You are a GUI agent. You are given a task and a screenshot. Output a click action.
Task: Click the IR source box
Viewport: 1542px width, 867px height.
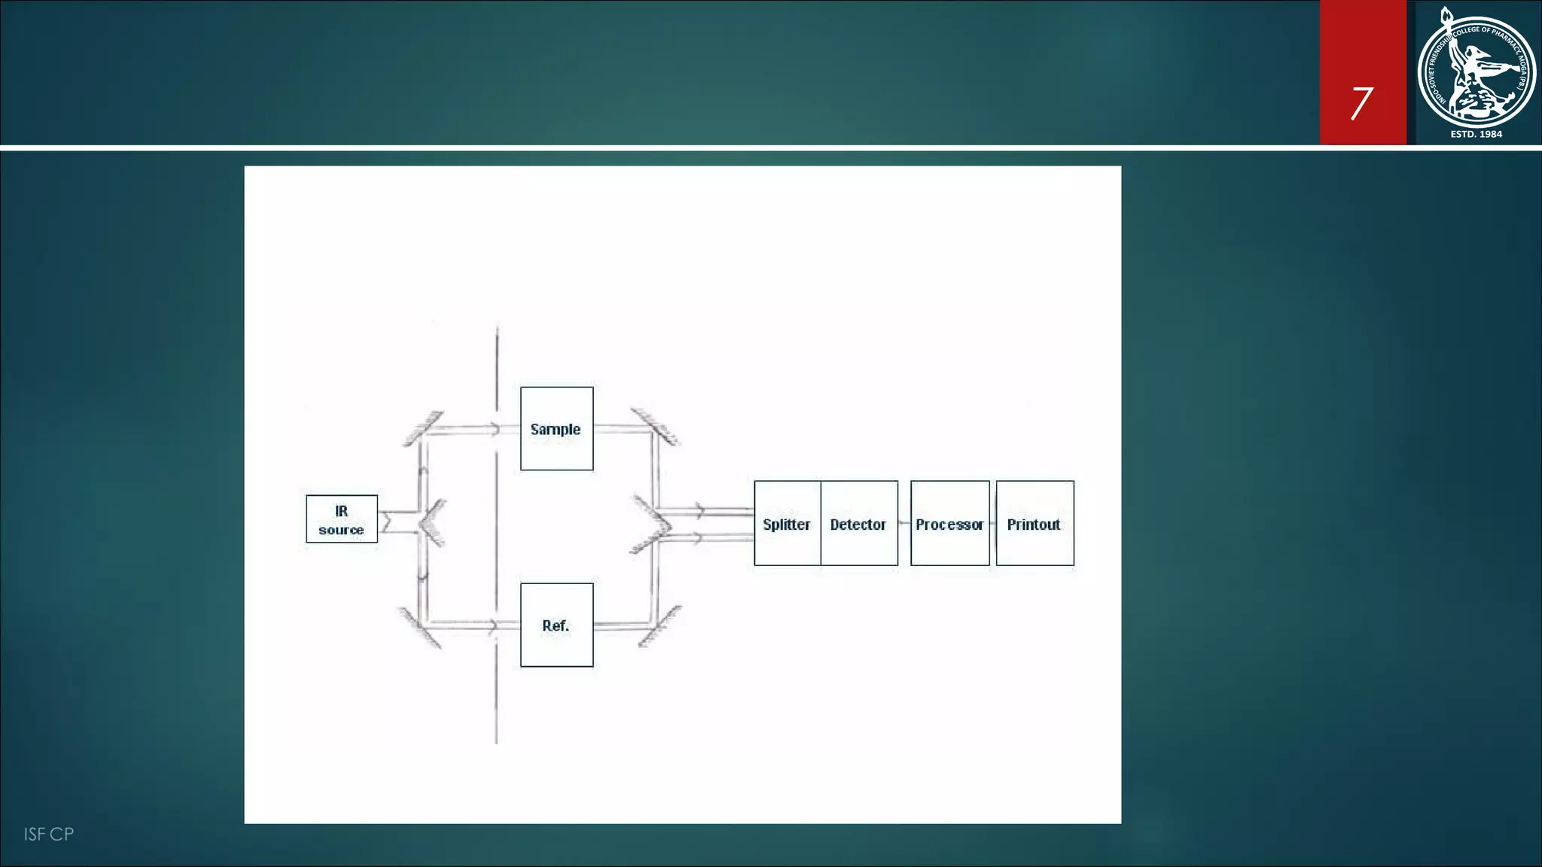click(x=342, y=519)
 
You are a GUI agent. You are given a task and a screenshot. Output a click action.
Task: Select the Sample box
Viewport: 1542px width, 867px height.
click(x=556, y=429)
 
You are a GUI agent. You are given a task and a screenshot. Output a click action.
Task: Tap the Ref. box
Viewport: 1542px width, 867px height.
click(x=556, y=625)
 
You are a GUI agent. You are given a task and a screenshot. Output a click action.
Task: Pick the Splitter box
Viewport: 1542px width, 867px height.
click(x=787, y=524)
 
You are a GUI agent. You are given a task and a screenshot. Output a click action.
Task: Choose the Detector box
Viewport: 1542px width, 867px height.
click(x=859, y=524)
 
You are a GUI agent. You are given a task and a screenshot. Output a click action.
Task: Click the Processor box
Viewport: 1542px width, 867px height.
click(x=949, y=524)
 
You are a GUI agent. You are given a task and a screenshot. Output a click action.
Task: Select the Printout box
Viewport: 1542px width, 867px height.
click(x=1035, y=524)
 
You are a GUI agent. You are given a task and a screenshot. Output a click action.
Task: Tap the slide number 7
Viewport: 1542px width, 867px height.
click(x=1361, y=103)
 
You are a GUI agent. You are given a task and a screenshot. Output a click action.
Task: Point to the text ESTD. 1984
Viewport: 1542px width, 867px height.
click(x=1476, y=134)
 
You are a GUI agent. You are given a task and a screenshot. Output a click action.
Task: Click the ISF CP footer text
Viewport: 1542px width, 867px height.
click(x=48, y=834)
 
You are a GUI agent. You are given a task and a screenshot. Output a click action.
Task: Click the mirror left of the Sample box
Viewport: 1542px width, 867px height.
click(x=423, y=428)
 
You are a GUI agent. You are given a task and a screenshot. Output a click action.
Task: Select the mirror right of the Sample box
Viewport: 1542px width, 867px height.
click(x=655, y=427)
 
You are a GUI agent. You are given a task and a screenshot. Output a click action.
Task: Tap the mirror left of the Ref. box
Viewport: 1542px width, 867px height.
click(x=420, y=628)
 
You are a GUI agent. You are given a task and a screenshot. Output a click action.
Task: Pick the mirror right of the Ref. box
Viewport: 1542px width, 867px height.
click(x=660, y=625)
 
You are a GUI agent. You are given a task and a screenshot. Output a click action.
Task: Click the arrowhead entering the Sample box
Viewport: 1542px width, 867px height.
click(x=495, y=429)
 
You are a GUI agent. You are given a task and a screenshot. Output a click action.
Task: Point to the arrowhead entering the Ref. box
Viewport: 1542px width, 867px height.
click(x=493, y=625)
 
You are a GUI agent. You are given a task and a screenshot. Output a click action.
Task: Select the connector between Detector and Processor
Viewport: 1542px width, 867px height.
click(x=904, y=523)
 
